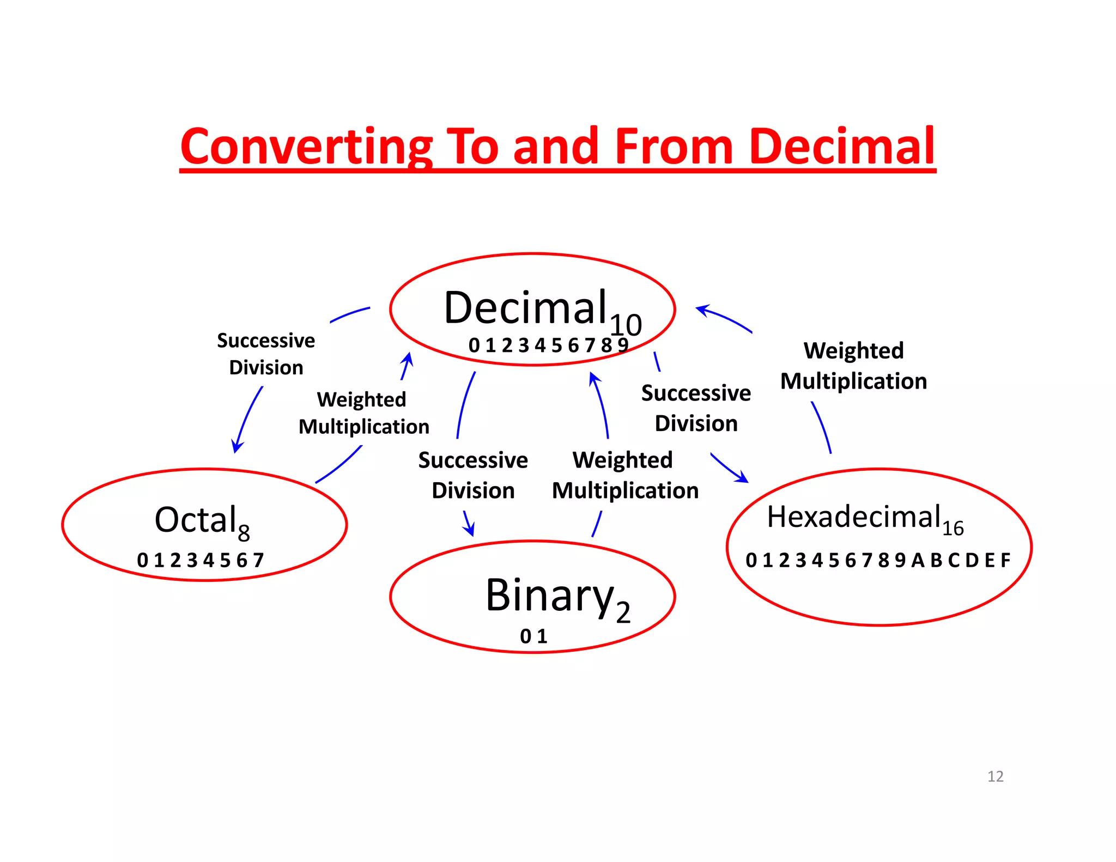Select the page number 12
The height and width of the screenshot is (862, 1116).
click(x=995, y=776)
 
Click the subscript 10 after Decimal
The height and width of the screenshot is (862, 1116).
click(x=626, y=325)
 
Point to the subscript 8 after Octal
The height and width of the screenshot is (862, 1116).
click(x=244, y=532)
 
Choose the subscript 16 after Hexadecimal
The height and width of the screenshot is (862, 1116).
click(x=953, y=529)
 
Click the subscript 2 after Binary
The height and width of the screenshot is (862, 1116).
click(x=623, y=612)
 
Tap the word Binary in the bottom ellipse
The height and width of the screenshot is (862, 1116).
click(x=549, y=596)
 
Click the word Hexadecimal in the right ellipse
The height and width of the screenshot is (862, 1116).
click(x=854, y=516)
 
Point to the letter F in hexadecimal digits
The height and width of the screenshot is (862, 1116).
click(x=1005, y=560)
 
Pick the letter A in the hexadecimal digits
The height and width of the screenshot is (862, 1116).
click(x=918, y=560)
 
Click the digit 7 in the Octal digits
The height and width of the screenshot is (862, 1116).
click(x=258, y=560)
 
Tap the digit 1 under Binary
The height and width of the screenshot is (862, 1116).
click(x=542, y=636)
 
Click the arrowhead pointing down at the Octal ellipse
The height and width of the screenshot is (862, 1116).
click(x=236, y=447)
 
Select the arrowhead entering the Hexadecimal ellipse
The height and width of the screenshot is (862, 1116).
click(x=742, y=478)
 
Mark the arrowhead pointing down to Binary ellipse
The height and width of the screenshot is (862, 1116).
click(x=470, y=530)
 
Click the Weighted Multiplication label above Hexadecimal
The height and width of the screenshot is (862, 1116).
click(x=853, y=366)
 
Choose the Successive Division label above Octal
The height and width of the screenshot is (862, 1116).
click(x=266, y=354)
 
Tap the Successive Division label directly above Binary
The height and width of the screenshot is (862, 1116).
click(x=473, y=475)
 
